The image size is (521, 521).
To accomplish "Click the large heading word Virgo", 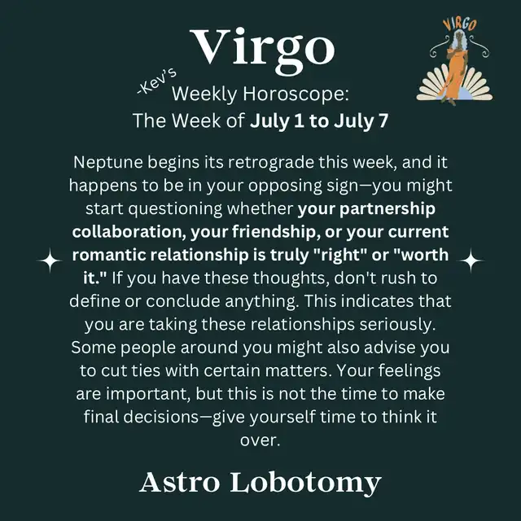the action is pyautogui.click(x=262, y=50).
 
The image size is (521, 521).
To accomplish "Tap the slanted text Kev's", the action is pyautogui.click(x=157, y=81).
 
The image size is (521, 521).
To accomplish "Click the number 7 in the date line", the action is pyautogui.click(x=383, y=120).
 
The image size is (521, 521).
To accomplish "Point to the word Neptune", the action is pyautogui.click(x=108, y=163).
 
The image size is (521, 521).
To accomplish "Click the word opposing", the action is pyautogui.click(x=285, y=186).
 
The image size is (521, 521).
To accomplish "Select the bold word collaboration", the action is pyautogui.click(x=127, y=232).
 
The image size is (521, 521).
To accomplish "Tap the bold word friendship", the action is pyautogui.click(x=274, y=232).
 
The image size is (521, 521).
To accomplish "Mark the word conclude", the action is pyautogui.click(x=183, y=301).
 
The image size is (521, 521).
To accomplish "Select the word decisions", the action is pyautogui.click(x=161, y=417).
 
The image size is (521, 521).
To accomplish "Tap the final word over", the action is pyautogui.click(x=260, y=441).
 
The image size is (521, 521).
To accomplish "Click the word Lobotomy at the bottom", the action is pyautogui.click(x=305, y=484).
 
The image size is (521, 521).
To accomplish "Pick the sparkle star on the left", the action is pyautogui.click(x=50, y=260).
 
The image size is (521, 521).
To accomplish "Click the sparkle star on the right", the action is pyautogui.click(x=471, y=260).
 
